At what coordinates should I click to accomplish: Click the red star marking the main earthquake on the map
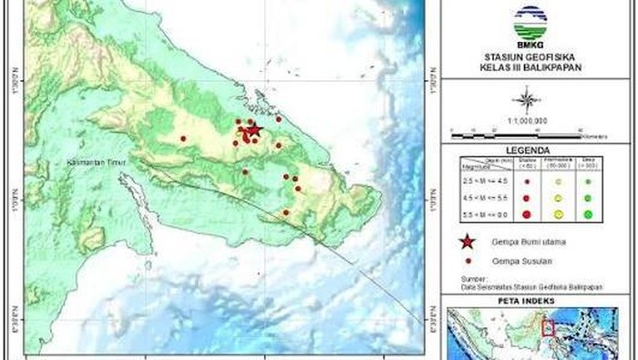point(253,130)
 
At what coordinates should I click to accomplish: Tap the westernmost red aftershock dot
point(183,139)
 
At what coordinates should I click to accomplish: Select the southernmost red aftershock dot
point(285,213)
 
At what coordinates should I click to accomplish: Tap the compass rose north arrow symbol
point(528,98)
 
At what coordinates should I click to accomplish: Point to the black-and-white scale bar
point(528,134)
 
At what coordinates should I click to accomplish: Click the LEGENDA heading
point(529,151)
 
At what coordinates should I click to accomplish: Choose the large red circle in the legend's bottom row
point(527,214)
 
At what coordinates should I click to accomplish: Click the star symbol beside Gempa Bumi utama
point(467,242)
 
